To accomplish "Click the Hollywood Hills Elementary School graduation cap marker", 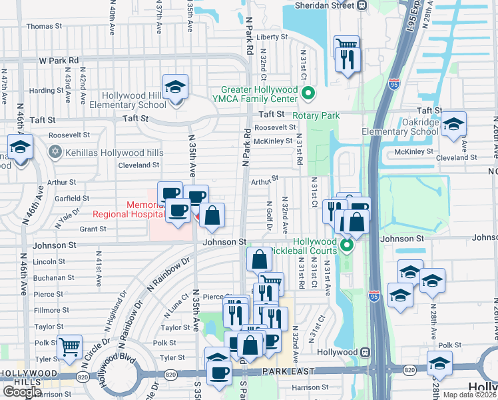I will pos(176,87).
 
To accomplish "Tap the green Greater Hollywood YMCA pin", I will pos(308,93).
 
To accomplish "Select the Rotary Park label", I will pos(317,115).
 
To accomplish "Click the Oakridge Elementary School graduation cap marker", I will pos(453,125).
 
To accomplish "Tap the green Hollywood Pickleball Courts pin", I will pos(347,247).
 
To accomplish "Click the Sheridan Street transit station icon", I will pos(362,5).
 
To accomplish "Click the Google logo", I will pos(21,392).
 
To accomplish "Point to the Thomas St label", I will pos(44,27).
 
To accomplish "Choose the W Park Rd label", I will pos(59,60).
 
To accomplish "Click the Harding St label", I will pos(47,91).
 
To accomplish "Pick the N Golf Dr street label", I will pos(269,216).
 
